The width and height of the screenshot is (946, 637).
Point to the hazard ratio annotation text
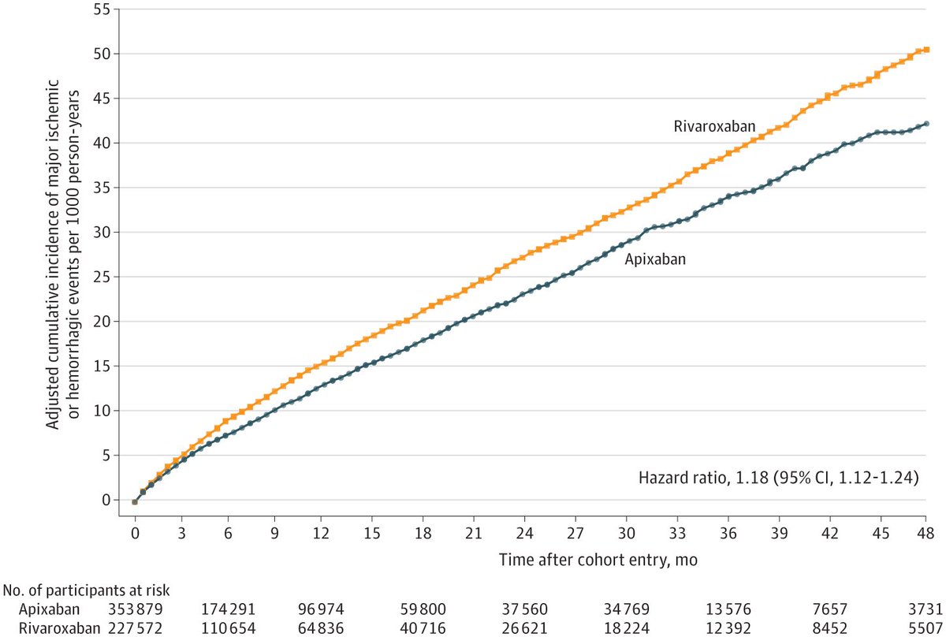778,477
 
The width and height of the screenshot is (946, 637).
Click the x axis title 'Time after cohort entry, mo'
597,558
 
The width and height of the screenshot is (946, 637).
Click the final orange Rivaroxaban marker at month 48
926,50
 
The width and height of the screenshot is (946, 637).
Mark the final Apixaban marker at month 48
926,124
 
